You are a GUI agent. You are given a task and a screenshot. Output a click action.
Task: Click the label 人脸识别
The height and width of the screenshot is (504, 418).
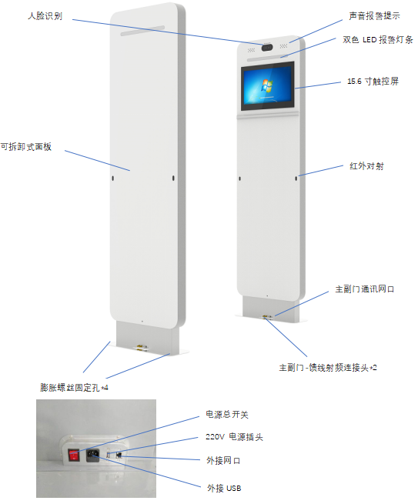point(45,15)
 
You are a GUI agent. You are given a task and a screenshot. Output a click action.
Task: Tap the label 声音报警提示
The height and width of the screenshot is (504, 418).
point(374,15)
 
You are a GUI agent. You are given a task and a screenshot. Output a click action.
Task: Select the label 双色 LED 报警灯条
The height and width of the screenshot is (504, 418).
point(377,39)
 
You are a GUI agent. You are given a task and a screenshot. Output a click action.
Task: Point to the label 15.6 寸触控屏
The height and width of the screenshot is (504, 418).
point(373,81)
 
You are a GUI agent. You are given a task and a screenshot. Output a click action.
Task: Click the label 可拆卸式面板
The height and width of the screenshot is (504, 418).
point(25,146)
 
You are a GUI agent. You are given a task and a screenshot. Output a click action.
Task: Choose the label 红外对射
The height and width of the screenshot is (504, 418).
point(366,166)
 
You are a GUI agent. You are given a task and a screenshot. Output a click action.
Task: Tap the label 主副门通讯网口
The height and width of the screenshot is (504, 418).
point(365,289)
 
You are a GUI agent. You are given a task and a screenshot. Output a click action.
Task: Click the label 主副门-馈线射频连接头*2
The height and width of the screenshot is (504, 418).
point(328,367)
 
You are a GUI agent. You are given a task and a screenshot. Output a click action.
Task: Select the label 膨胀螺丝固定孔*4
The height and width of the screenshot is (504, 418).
point(74,387)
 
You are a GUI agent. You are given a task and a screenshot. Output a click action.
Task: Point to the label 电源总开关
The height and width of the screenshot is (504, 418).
point(227,414)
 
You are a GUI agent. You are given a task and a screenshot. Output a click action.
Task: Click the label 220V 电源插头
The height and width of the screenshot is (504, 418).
point(234,437)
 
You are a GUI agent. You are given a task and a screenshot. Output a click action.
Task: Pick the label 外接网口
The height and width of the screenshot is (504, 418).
point(223,460)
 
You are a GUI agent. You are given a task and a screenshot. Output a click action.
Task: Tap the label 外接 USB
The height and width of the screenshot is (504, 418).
point(224,488)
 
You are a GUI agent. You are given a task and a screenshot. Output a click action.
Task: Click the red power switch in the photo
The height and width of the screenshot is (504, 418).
point(74,456)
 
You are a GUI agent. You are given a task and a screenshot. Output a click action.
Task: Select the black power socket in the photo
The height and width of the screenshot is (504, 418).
point(93,456)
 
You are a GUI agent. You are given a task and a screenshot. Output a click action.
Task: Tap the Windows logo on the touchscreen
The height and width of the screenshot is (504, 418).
point(266,85)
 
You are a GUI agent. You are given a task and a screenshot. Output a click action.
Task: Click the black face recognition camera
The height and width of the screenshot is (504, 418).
point(267,48)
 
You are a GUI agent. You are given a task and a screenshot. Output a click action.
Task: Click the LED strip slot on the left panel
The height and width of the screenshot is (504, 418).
point(142,31)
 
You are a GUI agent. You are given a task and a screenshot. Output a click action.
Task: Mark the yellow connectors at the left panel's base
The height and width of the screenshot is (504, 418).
point(141,347)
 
